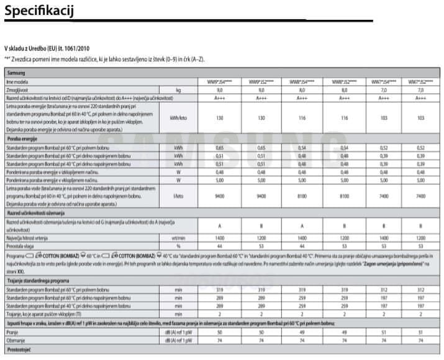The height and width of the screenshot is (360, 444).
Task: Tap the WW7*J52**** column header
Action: pyautogui.click(x=420, y=82)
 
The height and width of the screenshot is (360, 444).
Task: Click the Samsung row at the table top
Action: pyautogui.click(x=17, y=73)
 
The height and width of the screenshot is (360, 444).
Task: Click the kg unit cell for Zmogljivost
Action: pyautogui.click(x=179, y=90)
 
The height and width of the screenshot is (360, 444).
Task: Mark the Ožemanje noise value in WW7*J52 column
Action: pyautogui.click(x=420, y=341)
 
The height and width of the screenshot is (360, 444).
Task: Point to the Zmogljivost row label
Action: pyautogui.click(x=19, y=90)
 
